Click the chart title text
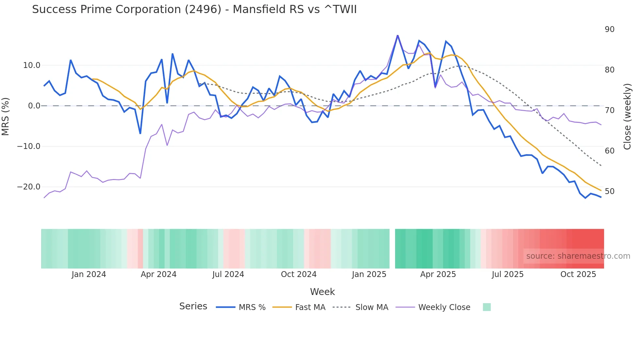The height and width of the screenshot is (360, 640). pos(194,9)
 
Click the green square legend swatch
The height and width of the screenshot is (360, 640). pos(487,307)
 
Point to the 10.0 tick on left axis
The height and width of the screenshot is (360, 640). pos(32,65)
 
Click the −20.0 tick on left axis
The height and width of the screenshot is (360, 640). pos(29,187)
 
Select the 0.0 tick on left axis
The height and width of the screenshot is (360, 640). pos(34,106)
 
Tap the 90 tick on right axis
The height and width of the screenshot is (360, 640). pos(609,29)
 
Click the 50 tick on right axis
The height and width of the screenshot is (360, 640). pos(609,191)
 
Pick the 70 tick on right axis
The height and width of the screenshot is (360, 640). pos(609,110)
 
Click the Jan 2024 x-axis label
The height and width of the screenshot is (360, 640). pos(89,274)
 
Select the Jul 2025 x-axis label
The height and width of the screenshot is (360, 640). pos(507,274)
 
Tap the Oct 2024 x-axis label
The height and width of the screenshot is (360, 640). pos(298,274)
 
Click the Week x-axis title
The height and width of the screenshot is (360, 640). pos(322,292)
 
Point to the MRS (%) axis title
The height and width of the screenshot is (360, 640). pos(6,116)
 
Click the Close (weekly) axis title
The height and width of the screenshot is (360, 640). pos(627,116)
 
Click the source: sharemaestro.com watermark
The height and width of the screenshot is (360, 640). pos(578,256)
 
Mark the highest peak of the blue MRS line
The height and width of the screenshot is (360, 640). pos(397,35)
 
